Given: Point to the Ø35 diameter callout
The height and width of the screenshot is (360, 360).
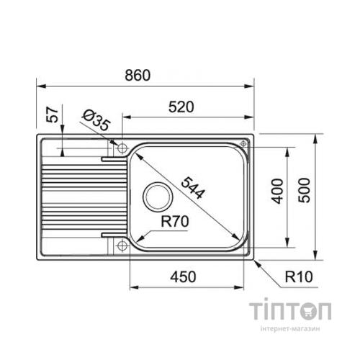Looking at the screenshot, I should point(95,120).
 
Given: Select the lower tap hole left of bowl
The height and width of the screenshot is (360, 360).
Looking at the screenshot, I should point(120,244).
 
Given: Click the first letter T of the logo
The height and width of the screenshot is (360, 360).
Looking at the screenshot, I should point(258,312).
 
